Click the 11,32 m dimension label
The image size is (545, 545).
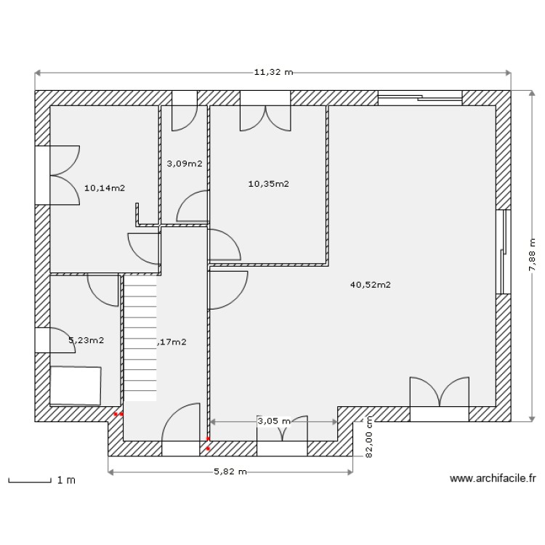(272, 73)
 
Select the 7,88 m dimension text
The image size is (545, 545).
(532, 254)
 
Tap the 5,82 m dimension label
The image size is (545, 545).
(230, 472)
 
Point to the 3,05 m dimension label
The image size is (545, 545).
(274, 421)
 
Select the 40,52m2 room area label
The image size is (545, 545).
(371, 285)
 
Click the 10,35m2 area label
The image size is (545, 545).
(269, 184)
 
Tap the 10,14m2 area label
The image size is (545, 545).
(105, 187)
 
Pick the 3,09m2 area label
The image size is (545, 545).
(185, 163)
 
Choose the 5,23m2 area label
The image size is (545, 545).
(86, 339)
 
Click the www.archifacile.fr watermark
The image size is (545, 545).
(493, 479)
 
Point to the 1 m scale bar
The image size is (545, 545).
(33, 480)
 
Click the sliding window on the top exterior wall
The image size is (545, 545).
(420, 94)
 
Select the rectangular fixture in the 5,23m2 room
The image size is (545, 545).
(75, 385)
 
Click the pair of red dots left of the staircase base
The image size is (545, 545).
(118, 414)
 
